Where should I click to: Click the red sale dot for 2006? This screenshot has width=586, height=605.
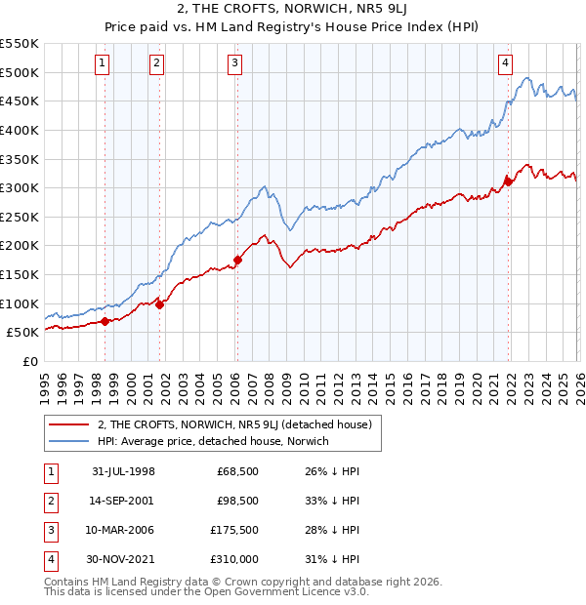237,261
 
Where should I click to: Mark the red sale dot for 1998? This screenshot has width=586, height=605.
105,321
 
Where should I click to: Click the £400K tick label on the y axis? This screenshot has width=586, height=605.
20,130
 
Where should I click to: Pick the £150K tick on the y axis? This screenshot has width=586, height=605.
20,274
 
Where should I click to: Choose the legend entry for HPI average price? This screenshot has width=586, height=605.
213,441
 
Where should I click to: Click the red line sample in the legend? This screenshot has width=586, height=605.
69,424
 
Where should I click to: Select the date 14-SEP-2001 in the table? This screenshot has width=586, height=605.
123,500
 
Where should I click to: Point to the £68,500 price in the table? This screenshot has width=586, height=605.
236,471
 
